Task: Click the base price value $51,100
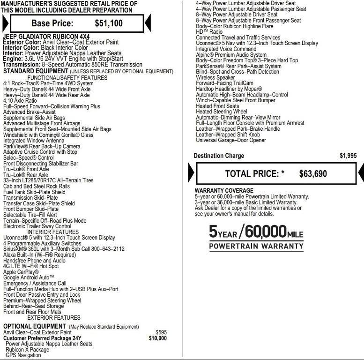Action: pos(109,23)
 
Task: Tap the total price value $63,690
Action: pos(313,174)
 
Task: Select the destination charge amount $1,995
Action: pos(348,156)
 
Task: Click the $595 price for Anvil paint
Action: pos(161,332)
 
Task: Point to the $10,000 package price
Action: pos(157,338)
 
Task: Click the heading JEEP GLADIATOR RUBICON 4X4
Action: pos(46,37)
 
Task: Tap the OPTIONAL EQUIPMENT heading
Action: pos(35,326)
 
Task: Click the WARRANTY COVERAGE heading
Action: pos(224,191)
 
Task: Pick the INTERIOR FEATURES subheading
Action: pos(53,232)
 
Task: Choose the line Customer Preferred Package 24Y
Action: pos(42,338)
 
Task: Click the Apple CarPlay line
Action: pos(21,272)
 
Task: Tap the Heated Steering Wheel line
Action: pos(221,112)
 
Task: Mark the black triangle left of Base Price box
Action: pos(5,23)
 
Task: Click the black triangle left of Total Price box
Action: pos(191,173)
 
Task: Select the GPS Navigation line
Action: pos(23,355)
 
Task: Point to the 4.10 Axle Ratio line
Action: pos(20,100)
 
